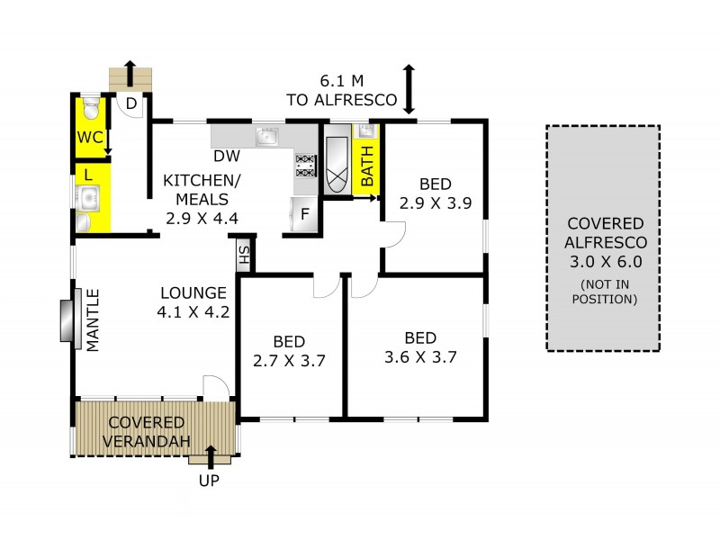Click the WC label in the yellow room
(87, 138)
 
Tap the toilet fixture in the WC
(91, 110)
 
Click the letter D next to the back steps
(130, 104)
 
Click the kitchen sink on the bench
(266, 136)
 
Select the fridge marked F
(304, 215)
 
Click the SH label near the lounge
(243, 256)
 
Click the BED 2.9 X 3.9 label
(436, 193)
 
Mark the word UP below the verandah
(208, 481)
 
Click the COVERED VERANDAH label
(148, 431)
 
